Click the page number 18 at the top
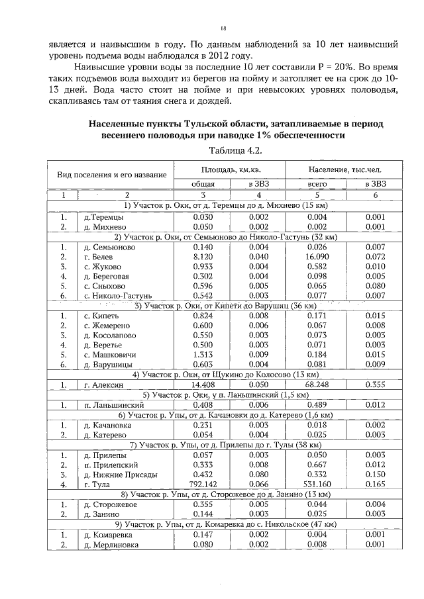[x=223, y=28]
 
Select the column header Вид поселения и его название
[x=111, y=174]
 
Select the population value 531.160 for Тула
[x=317, y=485]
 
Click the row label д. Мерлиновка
[x=107, y=545]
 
